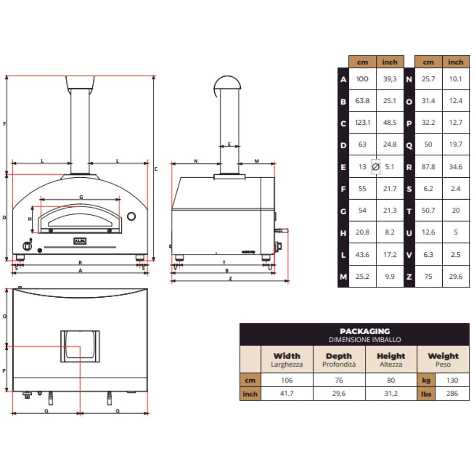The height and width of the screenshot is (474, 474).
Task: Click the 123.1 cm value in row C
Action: pos(362,123)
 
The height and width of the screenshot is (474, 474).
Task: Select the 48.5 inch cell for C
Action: pos(390,123)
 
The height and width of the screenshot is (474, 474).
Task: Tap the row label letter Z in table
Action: pos(410,277)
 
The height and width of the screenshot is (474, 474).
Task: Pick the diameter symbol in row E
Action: pos(375,167)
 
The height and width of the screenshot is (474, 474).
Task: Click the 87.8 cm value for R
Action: pos(428,167)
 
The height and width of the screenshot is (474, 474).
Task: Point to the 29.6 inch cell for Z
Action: pos(456,277)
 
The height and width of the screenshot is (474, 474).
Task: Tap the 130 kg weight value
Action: pos(452,380)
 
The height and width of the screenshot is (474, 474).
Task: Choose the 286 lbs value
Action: pos(452,393)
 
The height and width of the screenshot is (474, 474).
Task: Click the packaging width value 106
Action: pos(287,380)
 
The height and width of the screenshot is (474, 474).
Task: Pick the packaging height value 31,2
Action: pos(391,393)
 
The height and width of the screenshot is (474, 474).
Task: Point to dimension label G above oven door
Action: pos(81,197)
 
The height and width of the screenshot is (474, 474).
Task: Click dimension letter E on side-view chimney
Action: pos(229,144)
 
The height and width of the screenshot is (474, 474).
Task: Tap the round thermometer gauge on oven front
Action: pos(132,217)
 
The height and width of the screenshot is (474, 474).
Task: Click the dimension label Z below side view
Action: pos(230,279)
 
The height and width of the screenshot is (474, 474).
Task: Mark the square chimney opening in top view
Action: pos(80,346)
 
